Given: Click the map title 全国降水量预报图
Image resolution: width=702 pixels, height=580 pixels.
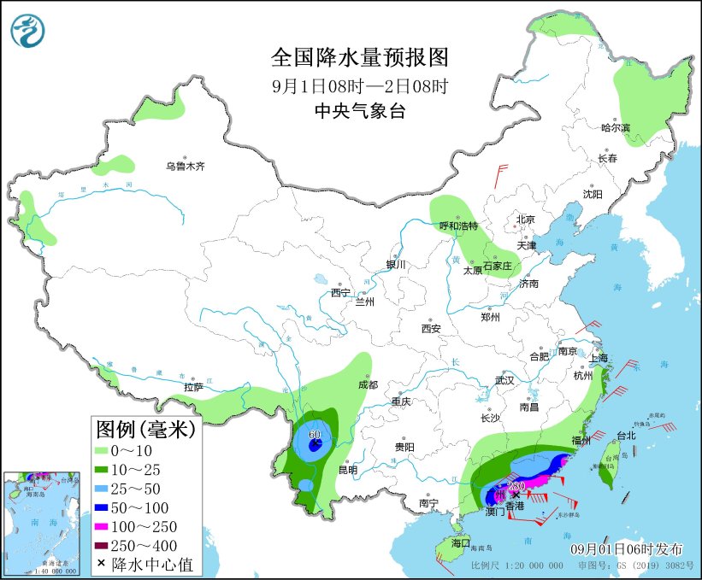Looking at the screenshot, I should click(x=359, y=57).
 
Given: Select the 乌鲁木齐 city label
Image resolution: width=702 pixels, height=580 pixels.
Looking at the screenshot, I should click(x=186, y=167).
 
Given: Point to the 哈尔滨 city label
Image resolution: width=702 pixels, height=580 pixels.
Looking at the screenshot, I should click(x=615, y=127).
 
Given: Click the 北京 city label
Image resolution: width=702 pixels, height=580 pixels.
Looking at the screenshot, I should click(x=525, y=220).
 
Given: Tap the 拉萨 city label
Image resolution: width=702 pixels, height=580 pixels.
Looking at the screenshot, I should click(x=194, y=387).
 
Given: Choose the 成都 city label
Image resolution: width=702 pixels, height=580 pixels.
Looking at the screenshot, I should click(x=369, y=385).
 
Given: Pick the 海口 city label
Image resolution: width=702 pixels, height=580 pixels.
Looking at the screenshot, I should click(x=461, y=543).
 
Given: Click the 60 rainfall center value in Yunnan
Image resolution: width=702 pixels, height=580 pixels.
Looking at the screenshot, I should click(x=314, y=435).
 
